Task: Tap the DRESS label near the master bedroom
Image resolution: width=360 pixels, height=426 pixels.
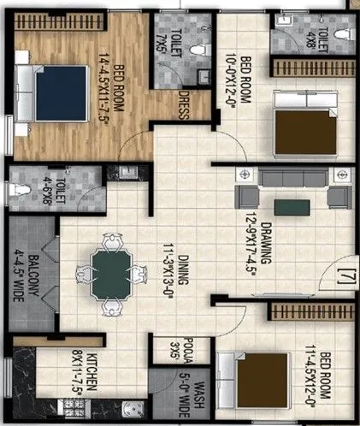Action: pos(183,109)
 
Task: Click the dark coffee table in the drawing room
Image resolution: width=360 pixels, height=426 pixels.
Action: pos(286,204)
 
